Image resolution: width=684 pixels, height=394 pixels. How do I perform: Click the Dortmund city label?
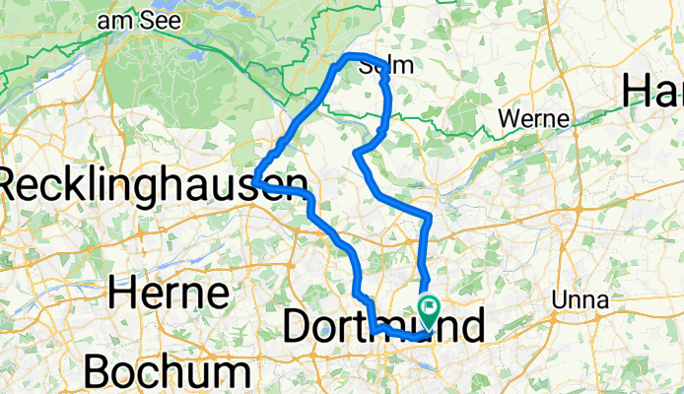click(x=384, y=327)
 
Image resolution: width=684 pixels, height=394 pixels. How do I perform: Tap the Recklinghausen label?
click(x=148, y=184)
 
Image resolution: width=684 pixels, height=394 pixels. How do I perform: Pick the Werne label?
click(x=534, y=119)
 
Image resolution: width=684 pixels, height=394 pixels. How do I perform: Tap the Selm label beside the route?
click(x=382, y=68)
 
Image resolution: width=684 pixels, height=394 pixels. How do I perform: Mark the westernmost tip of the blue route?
click(x=254, y=181)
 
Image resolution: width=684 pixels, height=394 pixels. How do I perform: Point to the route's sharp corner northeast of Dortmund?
click(x=431, y=215)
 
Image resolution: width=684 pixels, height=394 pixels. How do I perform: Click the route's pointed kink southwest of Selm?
click(x=356, y=152)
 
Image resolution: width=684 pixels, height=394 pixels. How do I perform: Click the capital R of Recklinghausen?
click(x=13, y=184)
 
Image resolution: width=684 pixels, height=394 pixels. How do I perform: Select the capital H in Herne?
click(x=121, y=293)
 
